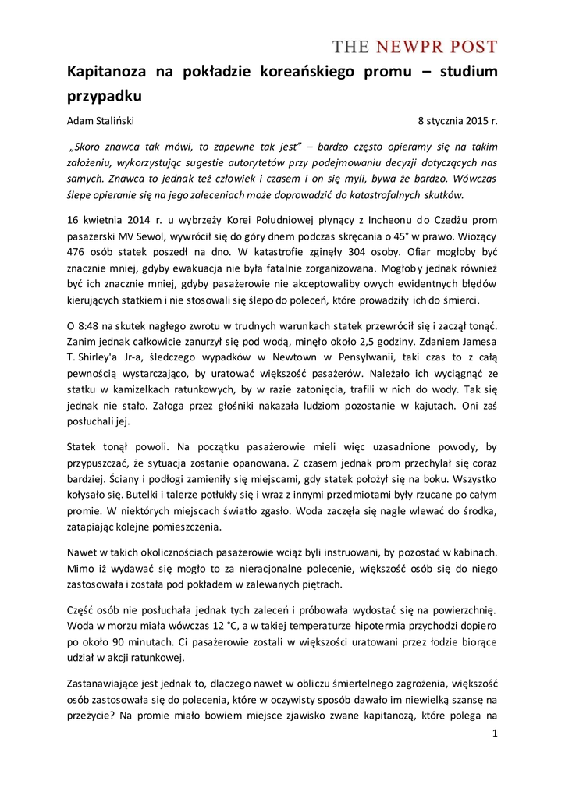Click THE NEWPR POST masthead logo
tap(414, 47)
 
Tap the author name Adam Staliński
tap(101, 120)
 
